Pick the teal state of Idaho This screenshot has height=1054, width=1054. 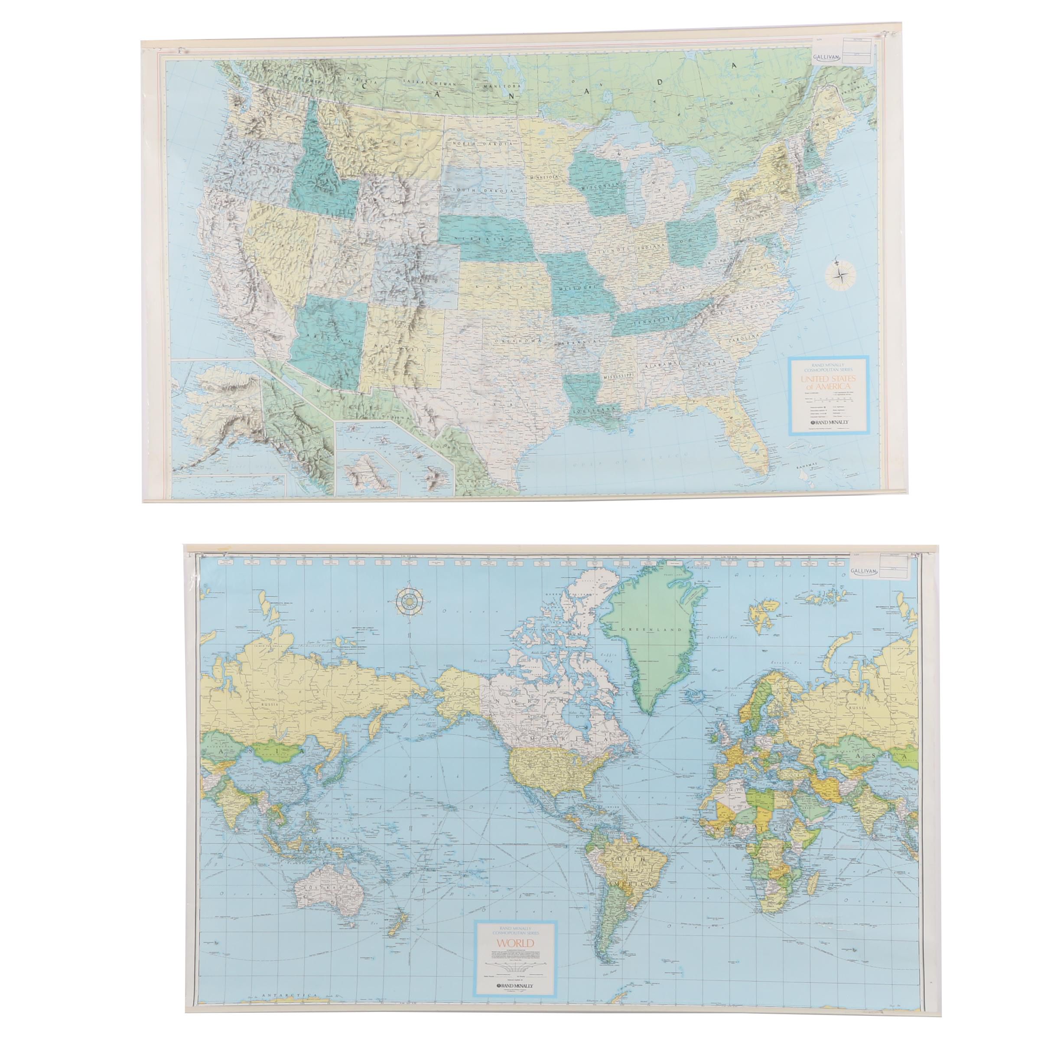coord(319,164)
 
